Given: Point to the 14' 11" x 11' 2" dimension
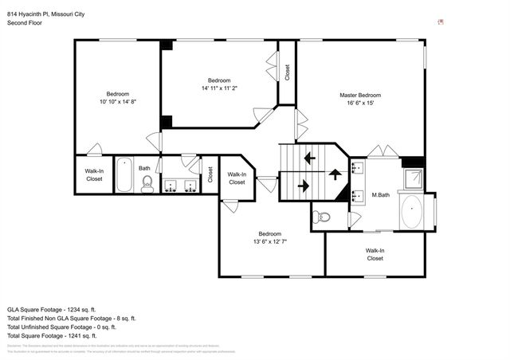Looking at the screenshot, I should (x=219, y=88).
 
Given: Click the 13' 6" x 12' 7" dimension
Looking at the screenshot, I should (x=269, y=242).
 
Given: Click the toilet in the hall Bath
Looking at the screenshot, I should (x=147, y=185).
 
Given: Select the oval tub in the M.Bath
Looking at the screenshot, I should (x=413, y=213).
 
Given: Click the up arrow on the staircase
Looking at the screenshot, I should (x=335, y=171).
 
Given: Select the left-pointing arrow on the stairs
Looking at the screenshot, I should (x=308, y=158).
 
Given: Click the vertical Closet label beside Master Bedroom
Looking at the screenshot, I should (x=287, y=72).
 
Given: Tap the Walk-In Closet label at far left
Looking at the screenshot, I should (x=94, y=175).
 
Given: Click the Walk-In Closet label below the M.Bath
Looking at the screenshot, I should (x=375, y=254).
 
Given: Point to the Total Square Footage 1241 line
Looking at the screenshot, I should (x=62, y=335).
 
